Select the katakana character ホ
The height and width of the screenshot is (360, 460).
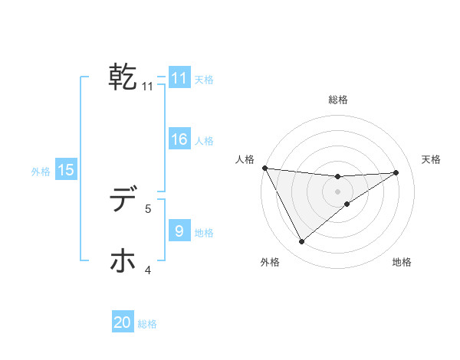pyautogui.click(x=123, y=261)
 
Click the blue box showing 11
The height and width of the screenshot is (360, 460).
pyautogui.click(x=179, y=78)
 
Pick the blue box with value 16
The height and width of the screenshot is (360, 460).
pyautogui.click(x=179, y=139)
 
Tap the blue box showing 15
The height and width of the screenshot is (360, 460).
pyautogui.click(x=66, y=170)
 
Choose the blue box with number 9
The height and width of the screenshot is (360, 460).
pyautogui.click(x=179, y=231)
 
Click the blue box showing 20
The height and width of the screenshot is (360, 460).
pyautogui.click(x=123, y=322)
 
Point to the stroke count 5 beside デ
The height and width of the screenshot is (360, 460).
pyautogui.click(x=149, y=208)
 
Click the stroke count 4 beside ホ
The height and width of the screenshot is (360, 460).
pyautogui.click(x=149, y=269)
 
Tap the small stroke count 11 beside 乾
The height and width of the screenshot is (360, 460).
pyautogui.click(x=148, y=87)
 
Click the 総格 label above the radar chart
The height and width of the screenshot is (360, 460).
pyautogui.click(x=337, y=100)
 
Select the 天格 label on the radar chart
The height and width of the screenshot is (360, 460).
pyautogui.click(x=432, y=159)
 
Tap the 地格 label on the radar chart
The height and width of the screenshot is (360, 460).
pyautogui.click(x=402, y=262)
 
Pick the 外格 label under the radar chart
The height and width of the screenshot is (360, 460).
pyautogui.click(x=270, y=262)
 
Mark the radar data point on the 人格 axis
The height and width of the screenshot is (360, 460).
pyautogui.click(x=264, y=168)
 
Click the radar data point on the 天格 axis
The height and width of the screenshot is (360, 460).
pyautogui.click(x=396, y=172)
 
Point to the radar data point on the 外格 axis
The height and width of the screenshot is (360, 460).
pyautogui.click(x=301, y=242)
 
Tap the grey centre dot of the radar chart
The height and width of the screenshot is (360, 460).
pyautogui.click(x=337, y=191)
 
